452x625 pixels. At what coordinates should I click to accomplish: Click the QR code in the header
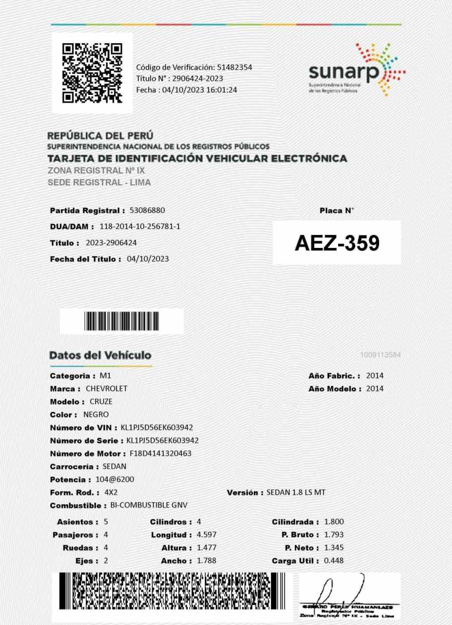(x=92, y=73)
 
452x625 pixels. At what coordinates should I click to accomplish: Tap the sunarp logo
(x=356, y=70)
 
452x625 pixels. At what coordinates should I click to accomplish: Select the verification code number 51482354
(x=235, y=67)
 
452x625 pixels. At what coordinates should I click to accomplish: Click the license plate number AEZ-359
(x=337, y=243)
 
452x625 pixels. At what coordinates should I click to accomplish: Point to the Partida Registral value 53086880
(x=147, y=210)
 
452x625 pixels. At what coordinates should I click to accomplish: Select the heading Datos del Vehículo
(x=100, y=355)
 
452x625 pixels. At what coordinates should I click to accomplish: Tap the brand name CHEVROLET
(x=106, y=389)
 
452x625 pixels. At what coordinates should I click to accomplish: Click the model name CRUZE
(x=101, y=402)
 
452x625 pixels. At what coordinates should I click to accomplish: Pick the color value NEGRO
(x=96, y=415)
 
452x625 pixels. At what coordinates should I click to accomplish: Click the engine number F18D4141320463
(x=161, y=453)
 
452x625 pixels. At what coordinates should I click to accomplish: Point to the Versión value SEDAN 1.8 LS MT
(x=296, y=492)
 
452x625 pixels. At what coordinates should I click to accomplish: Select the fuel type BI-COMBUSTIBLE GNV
(x=149, y=505)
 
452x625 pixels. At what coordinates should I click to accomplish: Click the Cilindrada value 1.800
(x=334, y=522)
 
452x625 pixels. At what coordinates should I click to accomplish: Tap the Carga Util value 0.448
(x=334, y=561)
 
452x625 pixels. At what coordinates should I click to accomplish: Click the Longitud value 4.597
(x=206, y=535)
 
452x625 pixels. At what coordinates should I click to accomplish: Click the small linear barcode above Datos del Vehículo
(x=122, y=321)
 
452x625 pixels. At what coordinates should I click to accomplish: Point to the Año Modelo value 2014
(x=375, y=389)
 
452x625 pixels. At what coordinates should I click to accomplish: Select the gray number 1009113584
(x=380, y=355)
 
